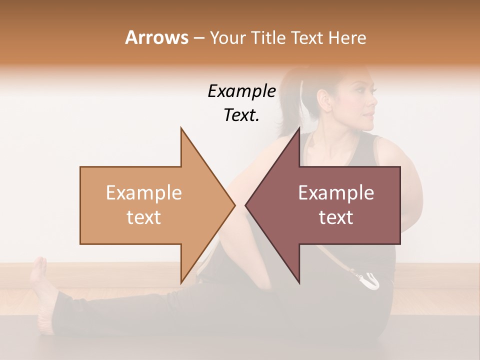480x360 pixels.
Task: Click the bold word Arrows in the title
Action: [156, 37]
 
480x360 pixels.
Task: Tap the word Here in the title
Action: [347, 37]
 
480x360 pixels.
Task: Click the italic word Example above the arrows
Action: [241, 91]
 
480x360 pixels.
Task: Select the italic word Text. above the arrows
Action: [241, 115]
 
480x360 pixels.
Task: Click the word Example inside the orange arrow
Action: [144, 192]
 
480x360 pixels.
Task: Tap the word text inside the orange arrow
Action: [144, 217]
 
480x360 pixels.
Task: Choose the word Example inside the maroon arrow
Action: [336, 192]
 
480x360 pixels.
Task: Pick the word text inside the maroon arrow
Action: [336, 217]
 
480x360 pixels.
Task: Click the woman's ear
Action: [325, 98]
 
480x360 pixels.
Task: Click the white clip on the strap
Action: [370, 280]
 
